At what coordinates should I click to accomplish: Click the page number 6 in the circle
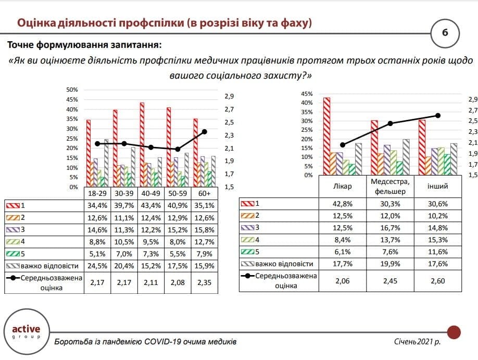[x=445, y=32]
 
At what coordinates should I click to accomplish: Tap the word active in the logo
[x=26, y=329]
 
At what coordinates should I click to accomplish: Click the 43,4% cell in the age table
[x=150, y=206]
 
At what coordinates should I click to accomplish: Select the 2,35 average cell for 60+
[x=204, y=282]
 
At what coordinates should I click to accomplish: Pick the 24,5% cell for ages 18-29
[x=97, y=266]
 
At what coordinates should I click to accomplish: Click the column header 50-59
[x=178, y=193]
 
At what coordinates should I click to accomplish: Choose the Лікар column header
[x=342, y=186]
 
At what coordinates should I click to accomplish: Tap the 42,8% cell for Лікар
[x=342, y=204]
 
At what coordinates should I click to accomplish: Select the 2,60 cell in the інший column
[x=438, y=281]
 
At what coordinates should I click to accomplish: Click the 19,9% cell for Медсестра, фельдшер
[x=390, y=264]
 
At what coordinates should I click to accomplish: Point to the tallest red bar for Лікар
[x=326, y=136]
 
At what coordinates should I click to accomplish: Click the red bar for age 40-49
[x=142, y=145]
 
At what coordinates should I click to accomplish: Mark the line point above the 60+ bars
[x=205, y=132]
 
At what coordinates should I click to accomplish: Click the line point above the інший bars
[x=438, y=116]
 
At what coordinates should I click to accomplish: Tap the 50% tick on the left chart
[x=72, y=90]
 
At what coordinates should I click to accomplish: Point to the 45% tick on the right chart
[x=307, y=94]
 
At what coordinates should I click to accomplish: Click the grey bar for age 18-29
[x=106, y=163]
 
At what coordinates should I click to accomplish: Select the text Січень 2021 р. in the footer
[x=417, y=342]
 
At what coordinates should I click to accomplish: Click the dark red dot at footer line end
[x=454, y=332]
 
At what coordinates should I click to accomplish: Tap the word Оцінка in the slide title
[x=36, y=23]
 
